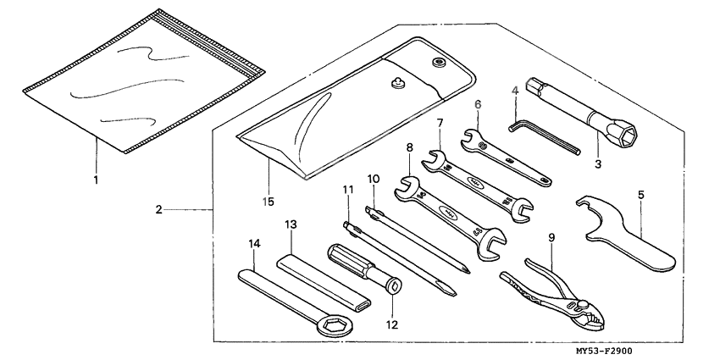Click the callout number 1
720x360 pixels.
96,180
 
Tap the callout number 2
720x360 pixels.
158,208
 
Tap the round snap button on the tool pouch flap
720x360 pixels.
439,63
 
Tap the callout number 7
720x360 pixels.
440,124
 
